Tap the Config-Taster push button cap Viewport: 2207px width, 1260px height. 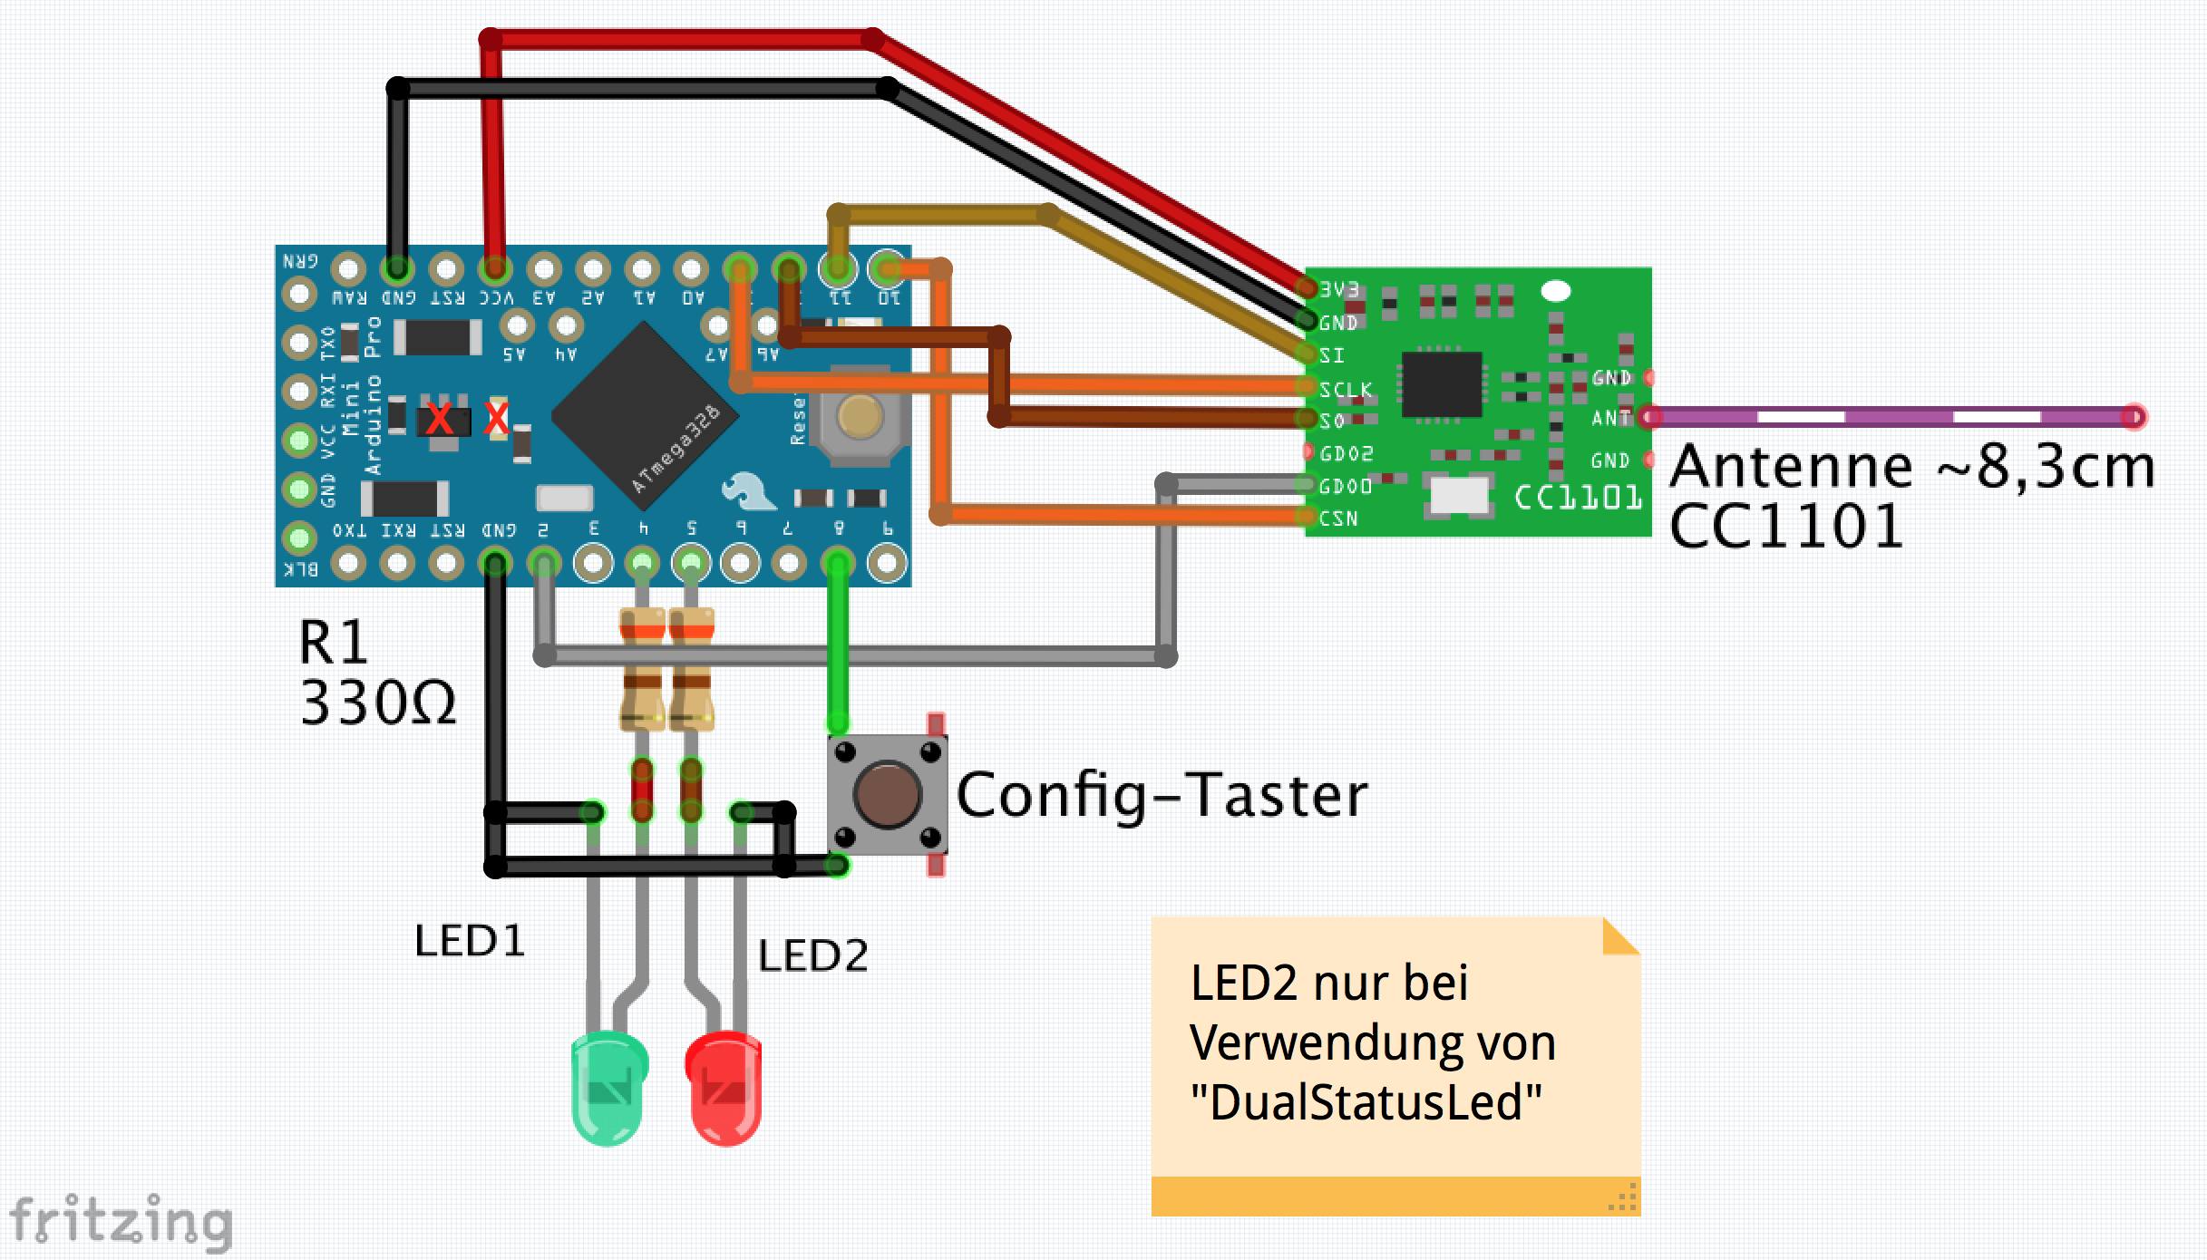[887, 795]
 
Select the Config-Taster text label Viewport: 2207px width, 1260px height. [1161, 796]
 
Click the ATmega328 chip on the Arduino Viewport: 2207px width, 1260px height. [645, 416]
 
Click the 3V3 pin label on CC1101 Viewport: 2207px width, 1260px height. [1339, 289]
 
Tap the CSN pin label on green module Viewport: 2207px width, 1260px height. [1339, 519]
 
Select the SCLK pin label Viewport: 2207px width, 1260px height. [1346, 390]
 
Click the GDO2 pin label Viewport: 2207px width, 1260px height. [1347, 453]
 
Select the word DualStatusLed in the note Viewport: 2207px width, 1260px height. [1366, 1103]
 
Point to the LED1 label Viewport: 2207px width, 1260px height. [470, 941]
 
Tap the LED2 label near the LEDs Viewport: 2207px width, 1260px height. [812, 955]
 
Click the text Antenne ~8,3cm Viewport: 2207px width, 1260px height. [1911, 467]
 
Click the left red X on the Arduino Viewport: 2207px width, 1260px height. [440, 420]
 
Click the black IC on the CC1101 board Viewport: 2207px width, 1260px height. [1441, 384]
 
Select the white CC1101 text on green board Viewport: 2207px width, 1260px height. [1578, 498]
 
